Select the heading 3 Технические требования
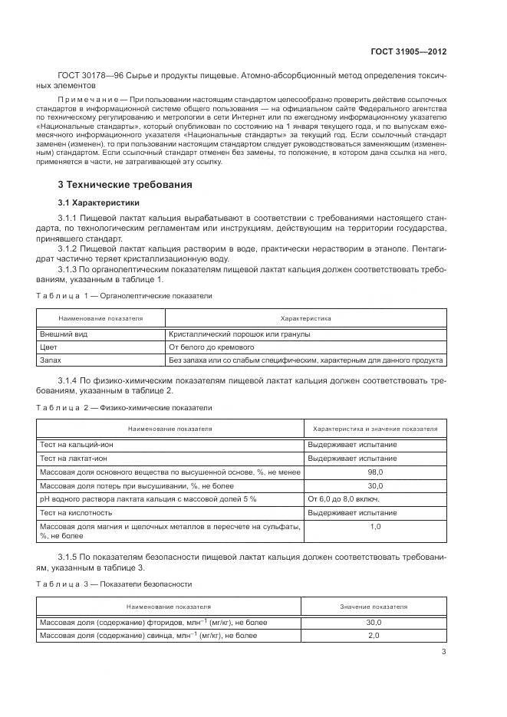125,185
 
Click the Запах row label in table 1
51,359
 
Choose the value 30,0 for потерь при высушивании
375,485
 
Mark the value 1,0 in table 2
375,526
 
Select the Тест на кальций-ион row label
77,444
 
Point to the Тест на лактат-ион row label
75,458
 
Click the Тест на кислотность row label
76,511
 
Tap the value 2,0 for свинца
374,636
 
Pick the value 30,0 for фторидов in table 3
374,622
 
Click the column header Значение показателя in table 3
374,606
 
